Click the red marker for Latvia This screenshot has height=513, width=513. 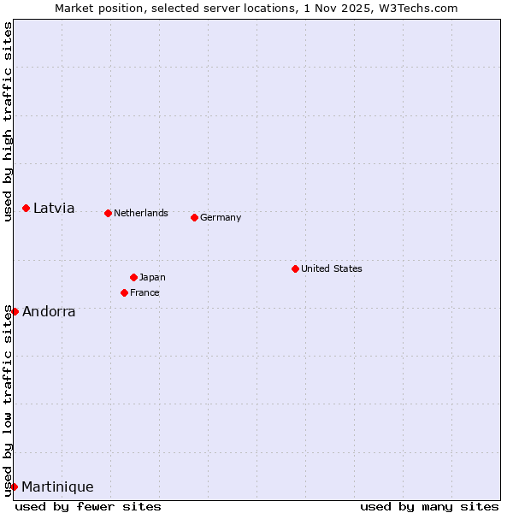pyautogui.click(x=27, y=209)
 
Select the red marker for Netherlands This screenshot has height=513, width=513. pyautogui.click(x=109, y=213)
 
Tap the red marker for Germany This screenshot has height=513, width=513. pyautogui.click(x=195, y=217)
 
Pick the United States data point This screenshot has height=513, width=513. pyautogui.click(x=296, y=268)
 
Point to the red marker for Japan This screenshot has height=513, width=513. pyautogui.click(x=134, y=277)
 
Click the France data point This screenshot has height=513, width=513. pyautogui.click(x=125, y=292)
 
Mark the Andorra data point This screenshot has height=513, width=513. pyautogui.click(x=15, y=311)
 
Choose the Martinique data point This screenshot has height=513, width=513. pyautogui.click(x=14, y=486)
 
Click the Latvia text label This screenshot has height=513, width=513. pyautogui.click(x=54, y=209)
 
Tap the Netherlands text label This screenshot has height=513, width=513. pyautogui.click(x=141, y=213)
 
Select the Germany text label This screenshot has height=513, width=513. pyautogui.click(x=221, y=217)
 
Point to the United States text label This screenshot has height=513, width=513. pyautogui.click(x=332, y=268)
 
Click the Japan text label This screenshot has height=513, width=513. pyautogui.click(x=152, y=277)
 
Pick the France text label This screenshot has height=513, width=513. pyautogui.click(x=144, y=292)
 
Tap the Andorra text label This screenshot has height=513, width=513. pyautogui.click(x=49, y=311)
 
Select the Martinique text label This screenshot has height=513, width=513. pyautogui.click(x=57, y=486)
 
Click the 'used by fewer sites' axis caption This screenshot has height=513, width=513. pyautogui.click(x=88, y=506)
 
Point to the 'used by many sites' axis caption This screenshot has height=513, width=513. pyautogui.click(x=429, y=506)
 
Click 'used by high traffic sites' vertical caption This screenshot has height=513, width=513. pyautogui.click(x=8, y=121)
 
